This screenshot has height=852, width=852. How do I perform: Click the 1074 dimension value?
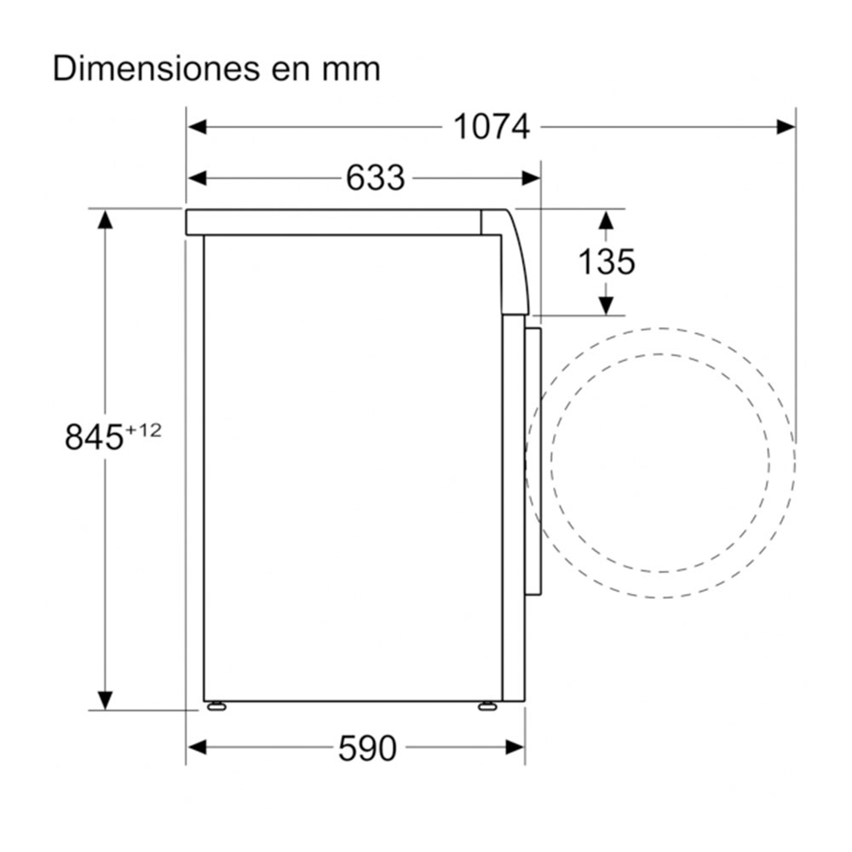tap(492, 127)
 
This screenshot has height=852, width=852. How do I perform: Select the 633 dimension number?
tap(375, 178)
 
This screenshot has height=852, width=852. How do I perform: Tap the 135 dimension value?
tap(607, 262)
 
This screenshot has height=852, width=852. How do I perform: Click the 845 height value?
tap(94, 438)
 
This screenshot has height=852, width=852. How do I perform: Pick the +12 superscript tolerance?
tap(143, 430)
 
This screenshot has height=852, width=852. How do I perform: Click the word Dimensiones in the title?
tap(148, 68)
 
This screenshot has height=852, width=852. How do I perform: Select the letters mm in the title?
tap(352, 70)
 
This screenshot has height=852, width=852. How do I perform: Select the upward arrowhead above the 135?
tap(606, 220)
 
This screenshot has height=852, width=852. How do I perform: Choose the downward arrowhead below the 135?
tap(606, 305)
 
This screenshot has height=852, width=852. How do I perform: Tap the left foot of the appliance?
tap(216, 705)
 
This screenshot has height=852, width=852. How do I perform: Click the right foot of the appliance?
tap(486, 705)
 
